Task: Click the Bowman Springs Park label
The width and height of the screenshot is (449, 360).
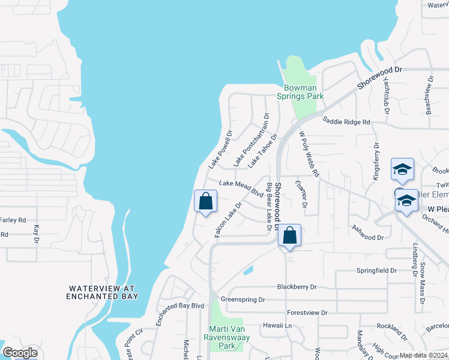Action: click(300, 92)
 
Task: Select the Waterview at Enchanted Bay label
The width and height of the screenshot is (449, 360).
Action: click(103, 292)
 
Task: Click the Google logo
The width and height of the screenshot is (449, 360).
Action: click(20, 352)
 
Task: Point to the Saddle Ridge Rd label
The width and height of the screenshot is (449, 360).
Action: click(346, 121)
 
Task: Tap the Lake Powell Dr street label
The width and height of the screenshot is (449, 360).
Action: click(220, 149)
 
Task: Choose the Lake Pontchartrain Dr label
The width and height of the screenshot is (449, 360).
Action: click(252, 140)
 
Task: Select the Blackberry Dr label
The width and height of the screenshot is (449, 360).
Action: click(297, 287)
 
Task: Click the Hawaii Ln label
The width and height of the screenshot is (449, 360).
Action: click(276, 325)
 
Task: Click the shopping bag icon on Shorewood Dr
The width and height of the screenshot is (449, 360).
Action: click(289, 236)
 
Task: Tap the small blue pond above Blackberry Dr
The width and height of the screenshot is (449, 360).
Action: click(248, 270)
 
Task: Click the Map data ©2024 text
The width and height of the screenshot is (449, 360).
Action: click(423, 355)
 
